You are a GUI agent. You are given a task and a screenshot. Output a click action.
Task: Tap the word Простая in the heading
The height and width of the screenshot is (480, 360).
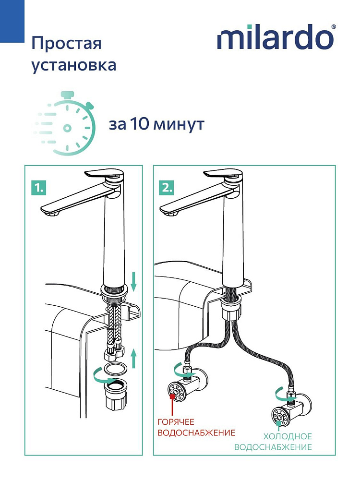pyautogui.click(x=66, y=43)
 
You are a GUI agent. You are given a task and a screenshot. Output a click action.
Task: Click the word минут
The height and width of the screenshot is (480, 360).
pyautogui.click(x=179, y=125)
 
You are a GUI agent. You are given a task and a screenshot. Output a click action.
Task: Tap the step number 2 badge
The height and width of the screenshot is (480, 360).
pyautogui.click(x=166, y=188)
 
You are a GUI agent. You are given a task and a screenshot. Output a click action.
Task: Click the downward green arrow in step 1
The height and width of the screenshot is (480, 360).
pyautogui.click(x=133, y=281)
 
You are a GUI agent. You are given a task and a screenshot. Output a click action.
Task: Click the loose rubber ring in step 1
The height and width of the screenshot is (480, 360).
pyautogui.click(x=117, y=370)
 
